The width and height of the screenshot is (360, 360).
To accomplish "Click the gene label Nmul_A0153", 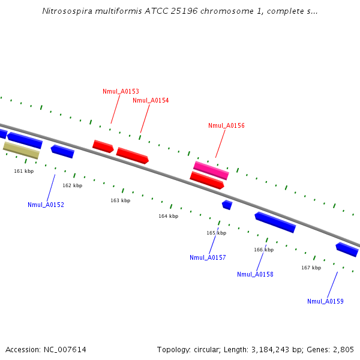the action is pyautogui.click(x=121, y=91).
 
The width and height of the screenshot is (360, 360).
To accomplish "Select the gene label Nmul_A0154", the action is pyautogui.click(x=151, y=100).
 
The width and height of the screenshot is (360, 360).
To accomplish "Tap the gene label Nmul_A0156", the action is pyautogui.click(x=226, y=125).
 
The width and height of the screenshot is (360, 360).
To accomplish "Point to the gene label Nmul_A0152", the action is pyautogui.click(x=46, y=205).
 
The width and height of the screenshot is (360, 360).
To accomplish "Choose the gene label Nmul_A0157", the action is pyautogui.click(x=208, y=257).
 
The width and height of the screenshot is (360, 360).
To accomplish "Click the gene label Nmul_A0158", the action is pyautogui.click(x=255, y=274).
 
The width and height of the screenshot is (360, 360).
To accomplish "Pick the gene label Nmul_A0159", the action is pyautogui.click(x=325, y=301).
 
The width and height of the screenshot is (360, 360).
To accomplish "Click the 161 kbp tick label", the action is pyautogui.click(x=24, y=171).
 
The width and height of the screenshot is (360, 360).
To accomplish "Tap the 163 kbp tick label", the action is pyautogui.click(x=120, y=200).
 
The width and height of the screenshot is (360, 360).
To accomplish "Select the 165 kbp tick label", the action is pyautogui.click(x=217, y=233).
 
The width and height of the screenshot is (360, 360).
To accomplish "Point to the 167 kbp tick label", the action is pyautogui.click(x=311, y=268).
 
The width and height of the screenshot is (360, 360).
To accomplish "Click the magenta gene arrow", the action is pyautogui.click(x=211, y=170).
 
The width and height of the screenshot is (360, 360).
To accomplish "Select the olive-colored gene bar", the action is pyautogui.click(x=22, y=149).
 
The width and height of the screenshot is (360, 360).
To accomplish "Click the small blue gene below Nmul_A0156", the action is pyautogui.click(x=227, y=205).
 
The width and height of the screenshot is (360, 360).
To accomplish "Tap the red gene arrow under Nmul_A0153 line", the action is pyautogui.click(x=103, y=146).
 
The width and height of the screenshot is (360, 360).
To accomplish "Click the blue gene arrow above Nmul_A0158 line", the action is pyautogui.click(x=275, y=222).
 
